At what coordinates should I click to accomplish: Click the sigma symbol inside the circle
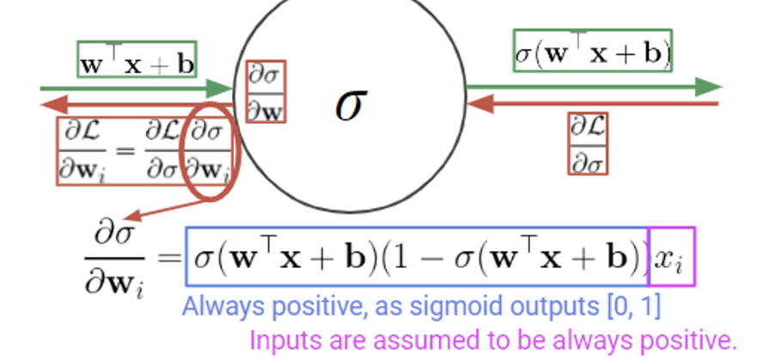(x=349, y=105)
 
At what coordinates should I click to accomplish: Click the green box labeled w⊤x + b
(x=137, y=59)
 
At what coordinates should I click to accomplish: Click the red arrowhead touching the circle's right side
(x=476, y=103)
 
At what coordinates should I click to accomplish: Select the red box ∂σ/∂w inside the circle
(x=266, y=90)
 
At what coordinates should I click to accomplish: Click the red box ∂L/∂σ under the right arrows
(x=588, y=143)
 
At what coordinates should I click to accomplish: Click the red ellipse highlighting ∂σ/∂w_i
(x=210, y=152)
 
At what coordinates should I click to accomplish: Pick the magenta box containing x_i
(x=671, y=256)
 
